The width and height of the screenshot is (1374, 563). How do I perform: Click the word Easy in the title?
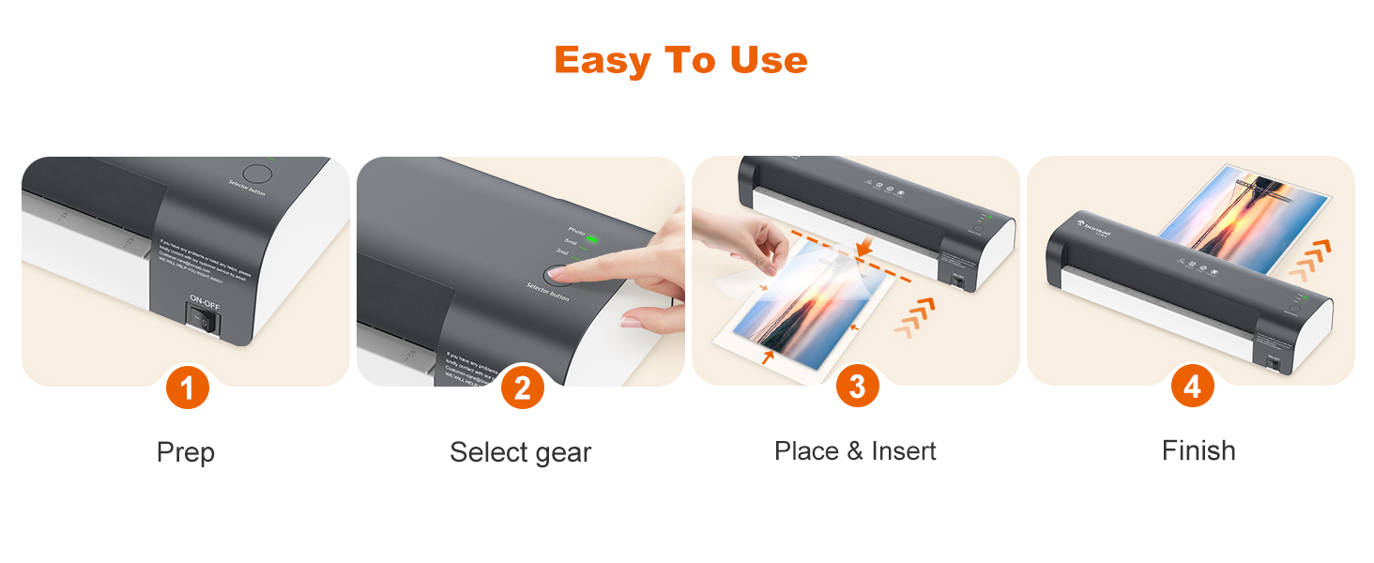point(603,61)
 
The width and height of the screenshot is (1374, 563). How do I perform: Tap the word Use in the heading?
point(767,61)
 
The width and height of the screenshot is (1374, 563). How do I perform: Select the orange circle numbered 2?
point(522,388)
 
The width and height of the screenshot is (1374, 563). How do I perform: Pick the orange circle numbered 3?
point(857,387)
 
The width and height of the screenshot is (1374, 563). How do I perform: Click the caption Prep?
point(186,452)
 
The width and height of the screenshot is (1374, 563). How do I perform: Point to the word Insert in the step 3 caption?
point(904,451)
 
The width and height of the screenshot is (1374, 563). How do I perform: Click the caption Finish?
point(1198,451)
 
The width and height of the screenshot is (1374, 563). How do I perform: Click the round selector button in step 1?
point(257,175)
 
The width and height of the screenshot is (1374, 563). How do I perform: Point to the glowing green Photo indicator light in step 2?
point(592,237)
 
